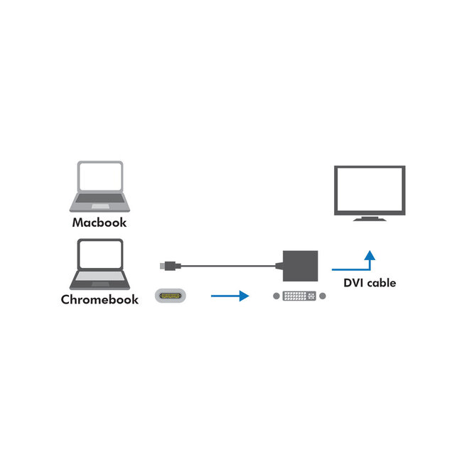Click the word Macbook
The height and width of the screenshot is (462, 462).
pos(100,222)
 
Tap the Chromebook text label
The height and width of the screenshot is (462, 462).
pos(100,300)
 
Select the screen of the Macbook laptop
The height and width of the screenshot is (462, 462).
pos(100,178)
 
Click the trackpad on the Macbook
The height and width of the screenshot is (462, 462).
pos(100,206)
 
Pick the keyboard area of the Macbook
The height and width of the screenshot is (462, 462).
pos(100,198)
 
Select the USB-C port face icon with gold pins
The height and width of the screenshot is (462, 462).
pos(171,295)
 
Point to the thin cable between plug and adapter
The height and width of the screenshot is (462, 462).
pos(227,267)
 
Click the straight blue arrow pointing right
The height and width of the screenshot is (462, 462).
pos(230,295)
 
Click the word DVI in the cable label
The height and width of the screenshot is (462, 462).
pos(355,283)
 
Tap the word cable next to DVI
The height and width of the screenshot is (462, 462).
pos(382,283)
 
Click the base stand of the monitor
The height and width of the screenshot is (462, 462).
pos(370,218)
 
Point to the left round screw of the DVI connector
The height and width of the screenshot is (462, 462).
pos(276,295)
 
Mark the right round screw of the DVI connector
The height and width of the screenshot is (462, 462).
pos(324,295)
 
